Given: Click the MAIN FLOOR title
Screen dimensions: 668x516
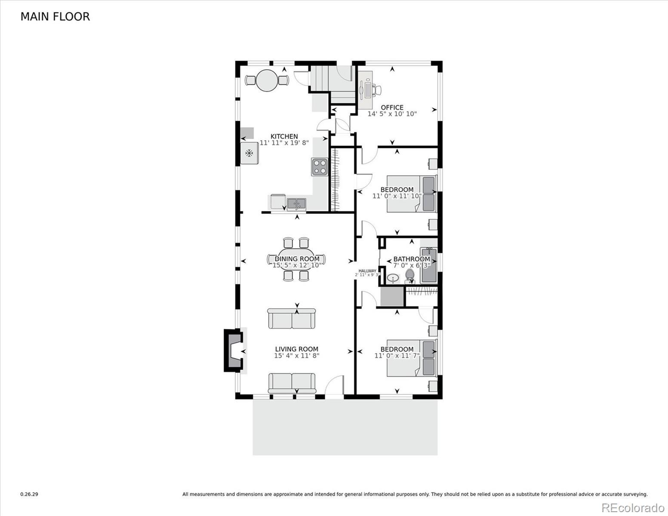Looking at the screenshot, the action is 55,17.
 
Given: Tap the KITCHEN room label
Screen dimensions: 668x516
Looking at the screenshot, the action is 284,136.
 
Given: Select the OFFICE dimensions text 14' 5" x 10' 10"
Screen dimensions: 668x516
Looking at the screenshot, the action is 392,114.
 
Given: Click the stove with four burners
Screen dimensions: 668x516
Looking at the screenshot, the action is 320,167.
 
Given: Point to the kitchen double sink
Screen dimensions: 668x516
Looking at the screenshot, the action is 296,204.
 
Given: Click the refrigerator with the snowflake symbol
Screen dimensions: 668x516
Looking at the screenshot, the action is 249,153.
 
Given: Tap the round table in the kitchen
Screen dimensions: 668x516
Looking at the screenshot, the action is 267,80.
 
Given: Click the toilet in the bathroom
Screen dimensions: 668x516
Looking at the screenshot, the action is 410,276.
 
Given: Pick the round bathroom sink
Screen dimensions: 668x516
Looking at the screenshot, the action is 393,278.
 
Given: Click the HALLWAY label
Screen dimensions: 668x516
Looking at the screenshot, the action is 367,271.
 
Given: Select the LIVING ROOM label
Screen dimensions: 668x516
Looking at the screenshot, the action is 297,349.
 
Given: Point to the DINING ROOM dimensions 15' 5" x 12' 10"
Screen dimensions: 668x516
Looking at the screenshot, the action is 297,265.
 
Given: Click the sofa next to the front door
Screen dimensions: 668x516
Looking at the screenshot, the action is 292,383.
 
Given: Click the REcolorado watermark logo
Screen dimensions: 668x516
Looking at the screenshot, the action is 633,507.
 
